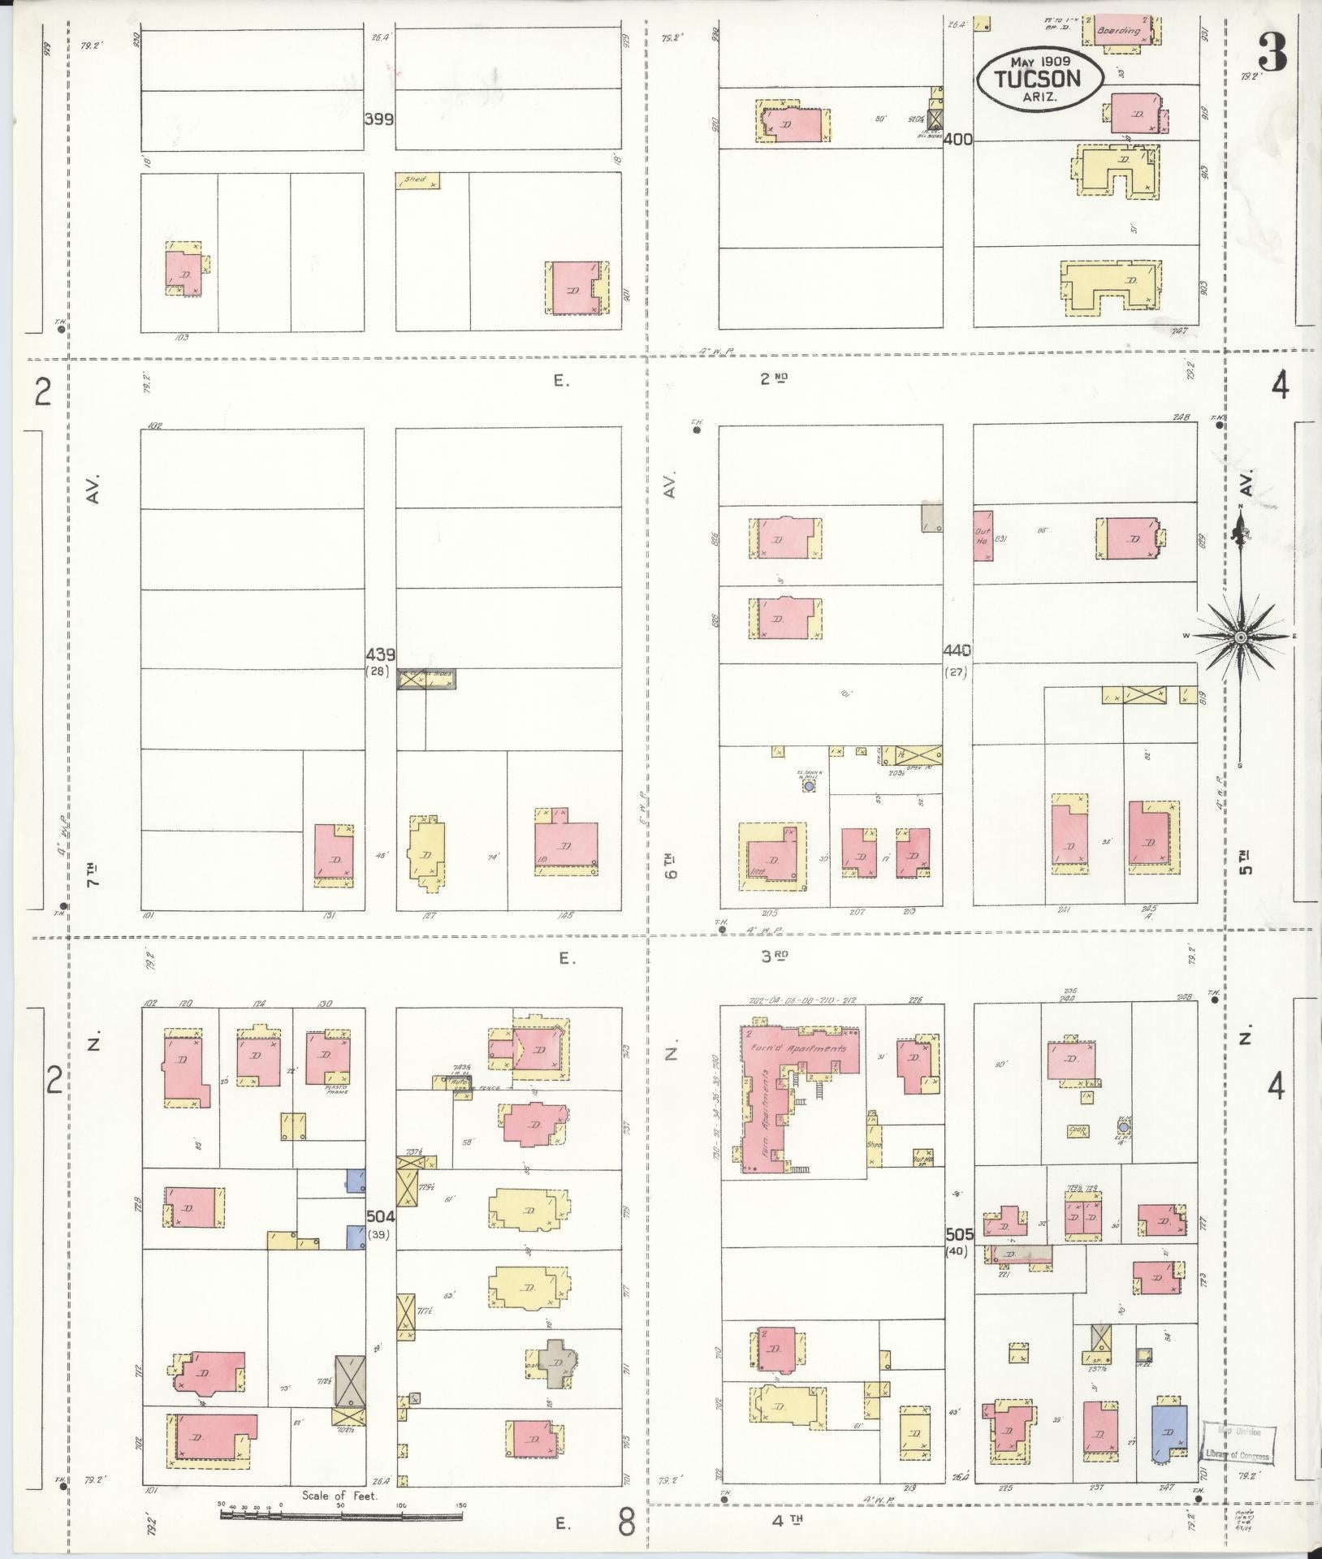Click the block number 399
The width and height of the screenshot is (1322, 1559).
coord(379,119)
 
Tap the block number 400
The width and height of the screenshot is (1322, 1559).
coord(958,140)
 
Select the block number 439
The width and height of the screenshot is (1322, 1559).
coord(379,654)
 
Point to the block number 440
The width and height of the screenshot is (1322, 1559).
coord(958,650)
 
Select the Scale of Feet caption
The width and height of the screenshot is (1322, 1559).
coord(339,1495)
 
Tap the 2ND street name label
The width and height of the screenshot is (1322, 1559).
coord(775,378)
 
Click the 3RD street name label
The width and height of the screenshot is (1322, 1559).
coord(775,957)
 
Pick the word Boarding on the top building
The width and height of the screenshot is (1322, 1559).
coord(1118,32)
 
